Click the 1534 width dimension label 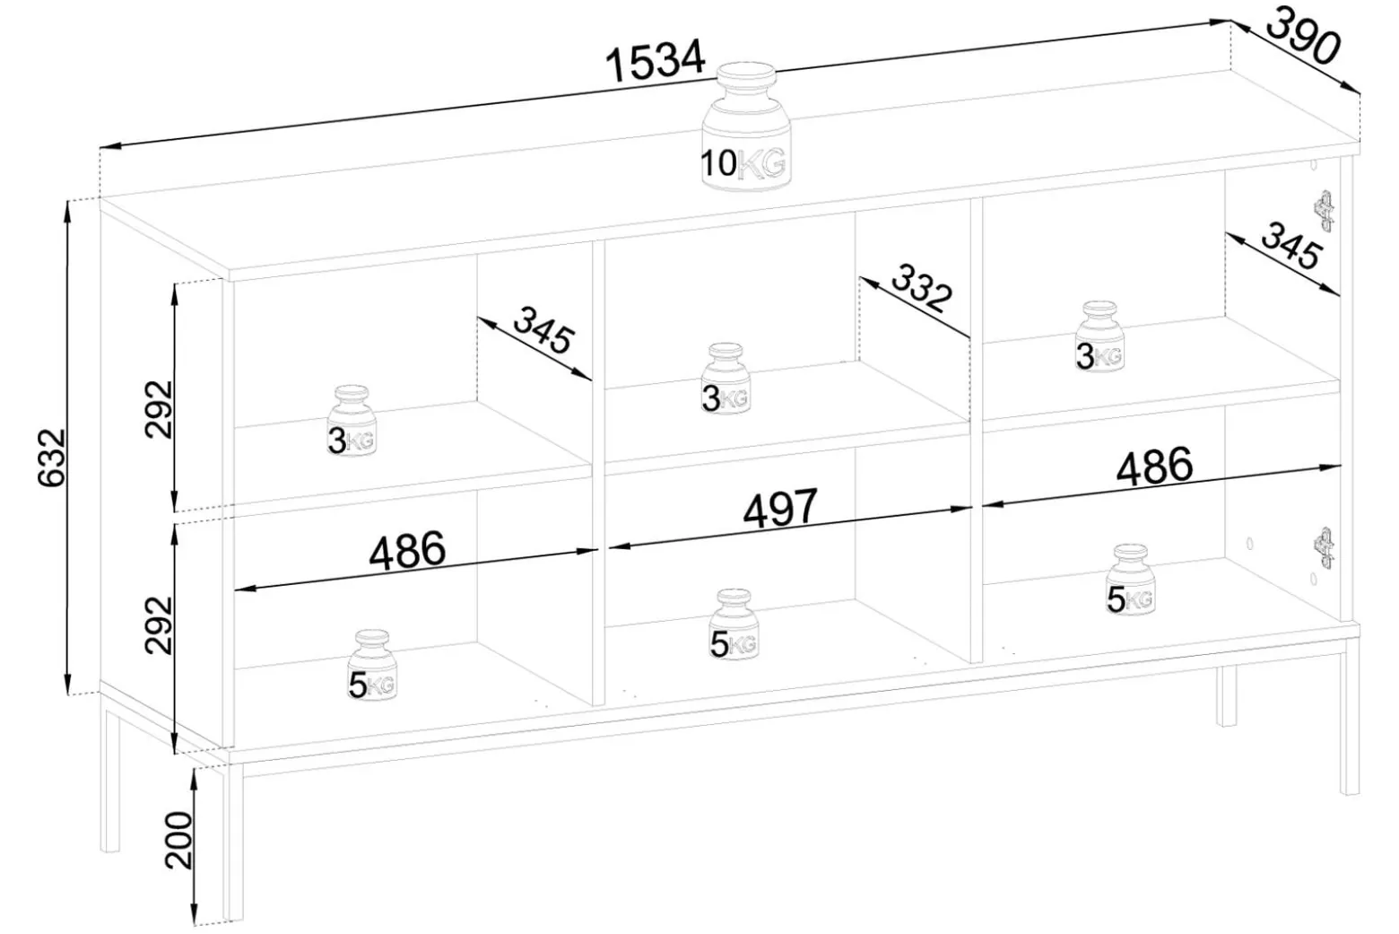[x=656, y=61]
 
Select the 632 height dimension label [x=52, y=457]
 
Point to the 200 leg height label [x=180, y=840]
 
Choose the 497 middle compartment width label [x=780, y=507]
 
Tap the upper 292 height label [x=159, y=408]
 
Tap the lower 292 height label [x=159, y=624]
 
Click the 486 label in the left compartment [x=408, y=550]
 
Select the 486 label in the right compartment [x=1154, y=466]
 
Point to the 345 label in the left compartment [x=542, y=330]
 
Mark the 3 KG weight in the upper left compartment [x=352, y=421]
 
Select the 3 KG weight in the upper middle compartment [x=726, y=378]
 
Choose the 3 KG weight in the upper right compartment [x=1099, y=336]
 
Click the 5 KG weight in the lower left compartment [x=371, y=665]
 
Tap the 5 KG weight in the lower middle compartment [x=734, y=624]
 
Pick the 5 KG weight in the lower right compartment [x=1131, y=579]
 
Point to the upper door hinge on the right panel [x=1325, y=211]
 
